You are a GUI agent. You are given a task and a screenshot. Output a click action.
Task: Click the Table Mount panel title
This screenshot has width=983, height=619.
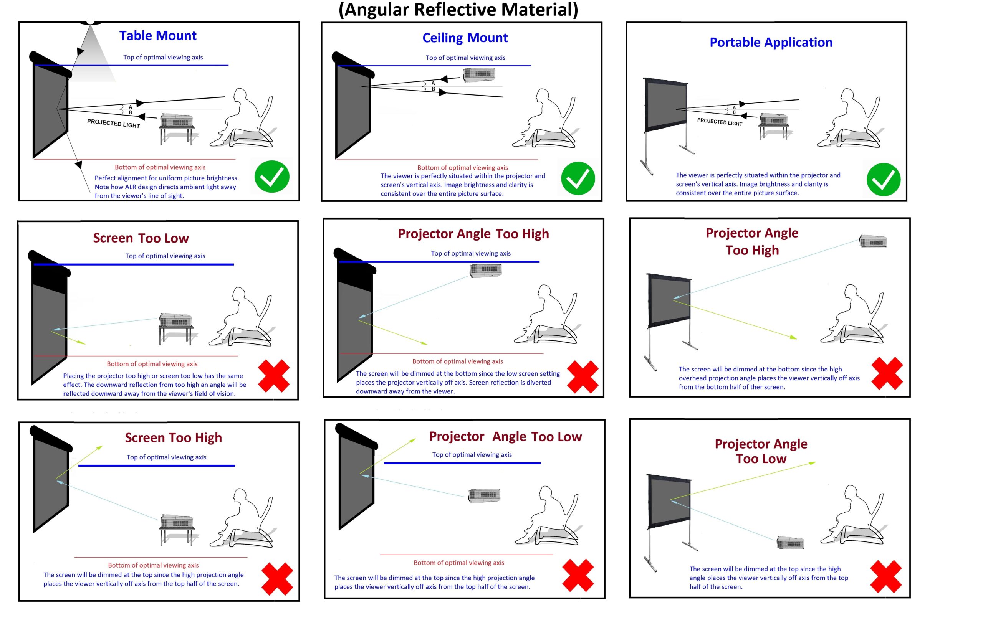(157, 36)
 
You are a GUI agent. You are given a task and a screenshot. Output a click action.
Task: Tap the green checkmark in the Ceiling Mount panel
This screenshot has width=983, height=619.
(578, 178)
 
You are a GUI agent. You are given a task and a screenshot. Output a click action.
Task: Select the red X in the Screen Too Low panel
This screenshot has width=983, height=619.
(274, 375)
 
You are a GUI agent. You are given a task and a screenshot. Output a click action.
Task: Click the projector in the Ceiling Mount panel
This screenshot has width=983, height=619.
(479, 75)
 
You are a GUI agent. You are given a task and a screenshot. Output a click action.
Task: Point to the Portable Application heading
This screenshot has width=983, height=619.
(771, 43)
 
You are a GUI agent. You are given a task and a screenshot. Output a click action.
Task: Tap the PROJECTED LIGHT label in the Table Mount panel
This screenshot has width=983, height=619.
(114, 123)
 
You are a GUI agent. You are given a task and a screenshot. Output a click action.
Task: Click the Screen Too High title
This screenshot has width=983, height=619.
(173, 437)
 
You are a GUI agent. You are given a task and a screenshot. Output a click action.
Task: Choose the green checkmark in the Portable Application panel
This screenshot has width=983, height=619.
(884, 180)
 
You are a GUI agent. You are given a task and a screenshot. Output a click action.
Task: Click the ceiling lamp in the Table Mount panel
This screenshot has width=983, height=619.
(91, 21)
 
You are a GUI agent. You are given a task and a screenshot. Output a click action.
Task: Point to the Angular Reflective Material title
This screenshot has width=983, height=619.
(458, 10)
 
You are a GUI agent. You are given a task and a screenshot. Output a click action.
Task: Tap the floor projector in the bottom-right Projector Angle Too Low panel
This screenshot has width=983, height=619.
(790, 543)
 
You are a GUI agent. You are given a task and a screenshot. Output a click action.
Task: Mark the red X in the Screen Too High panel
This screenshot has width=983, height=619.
(277, 579)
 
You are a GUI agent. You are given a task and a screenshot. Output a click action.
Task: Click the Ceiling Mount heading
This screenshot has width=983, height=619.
(465, 38)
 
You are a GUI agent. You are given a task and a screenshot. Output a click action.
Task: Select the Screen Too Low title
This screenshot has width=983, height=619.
(141, 238)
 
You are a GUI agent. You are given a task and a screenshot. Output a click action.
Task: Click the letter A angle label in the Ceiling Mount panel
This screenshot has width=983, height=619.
(433, 83)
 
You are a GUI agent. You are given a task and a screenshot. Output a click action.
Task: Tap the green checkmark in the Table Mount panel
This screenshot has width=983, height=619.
(272, 177)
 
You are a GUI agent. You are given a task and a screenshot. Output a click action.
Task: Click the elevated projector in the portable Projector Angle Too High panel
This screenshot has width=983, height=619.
(873, 241)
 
